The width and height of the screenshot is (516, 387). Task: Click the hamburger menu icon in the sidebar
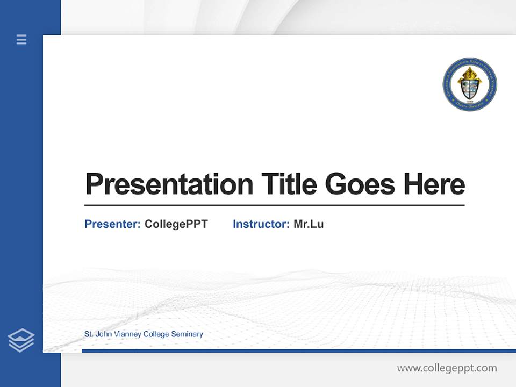pos(21,39)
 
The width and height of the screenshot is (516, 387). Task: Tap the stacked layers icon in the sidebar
pos(21,340)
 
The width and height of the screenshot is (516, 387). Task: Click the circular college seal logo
pos(469,85)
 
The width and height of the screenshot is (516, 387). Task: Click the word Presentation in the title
pos(169,184)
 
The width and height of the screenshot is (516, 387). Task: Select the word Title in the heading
pos(289,184)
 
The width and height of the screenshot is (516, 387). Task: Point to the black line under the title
pos(274,205)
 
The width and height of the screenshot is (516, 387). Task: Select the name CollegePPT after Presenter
pos(176,224)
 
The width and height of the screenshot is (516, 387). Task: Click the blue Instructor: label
pos(261,224)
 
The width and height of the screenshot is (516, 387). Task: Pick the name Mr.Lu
pos(309,224)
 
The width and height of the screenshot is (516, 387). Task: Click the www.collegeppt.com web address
pos(447,368)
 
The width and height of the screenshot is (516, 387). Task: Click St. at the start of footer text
pos(89,334)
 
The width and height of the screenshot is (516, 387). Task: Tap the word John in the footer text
pos(104,334)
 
